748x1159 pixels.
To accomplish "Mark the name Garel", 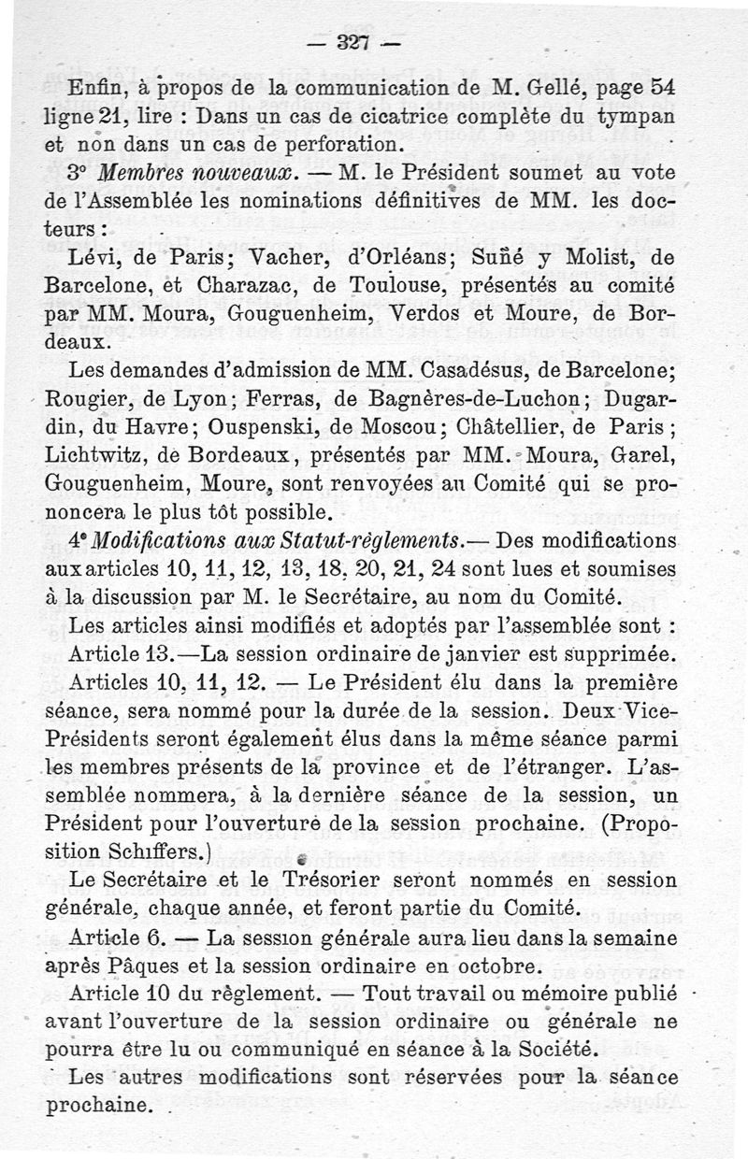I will (634, 457).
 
